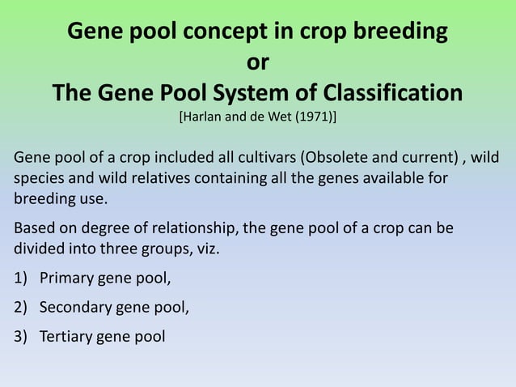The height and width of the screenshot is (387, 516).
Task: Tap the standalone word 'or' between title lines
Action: [257, 62]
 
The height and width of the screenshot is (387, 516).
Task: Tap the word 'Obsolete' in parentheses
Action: [330, 156]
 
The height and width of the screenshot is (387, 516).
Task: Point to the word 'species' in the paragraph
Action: [37, 177]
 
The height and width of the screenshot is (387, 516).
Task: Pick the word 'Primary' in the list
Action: [67, 279]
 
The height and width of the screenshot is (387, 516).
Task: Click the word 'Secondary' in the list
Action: [75, 307]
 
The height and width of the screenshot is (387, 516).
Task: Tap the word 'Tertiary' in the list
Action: [66, 334]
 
